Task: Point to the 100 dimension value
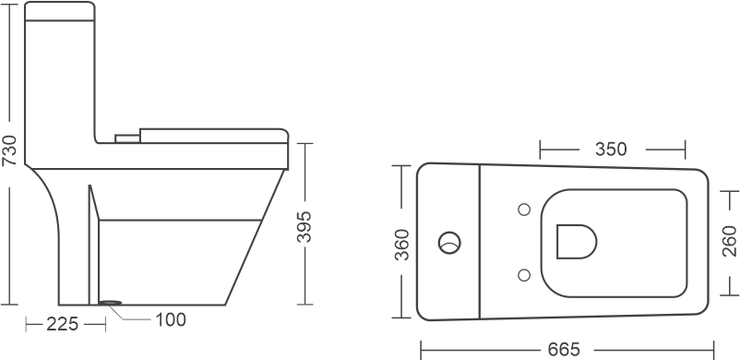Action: point(170,320)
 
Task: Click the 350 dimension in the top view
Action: point(611,149)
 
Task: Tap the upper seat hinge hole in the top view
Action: point(524,209)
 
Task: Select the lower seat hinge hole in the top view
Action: point(524,273)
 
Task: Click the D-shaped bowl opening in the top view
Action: point(576,241)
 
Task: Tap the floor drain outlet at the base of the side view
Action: point(112,302)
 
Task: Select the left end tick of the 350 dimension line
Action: point(540,149)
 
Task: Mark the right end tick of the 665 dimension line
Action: point(713,349)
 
